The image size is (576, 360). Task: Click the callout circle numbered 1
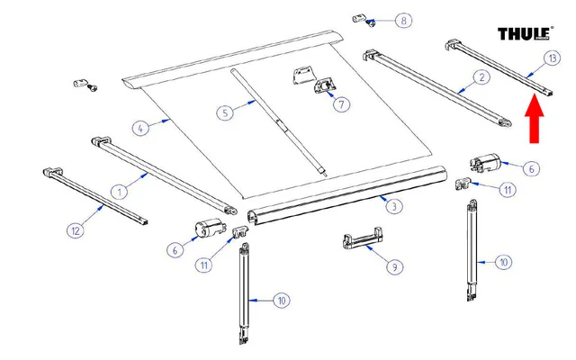click(117, 189)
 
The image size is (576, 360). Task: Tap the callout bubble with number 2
click(481, 78)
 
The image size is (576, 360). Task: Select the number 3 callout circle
click(393, 207)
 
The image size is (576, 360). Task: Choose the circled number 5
click(225, 113)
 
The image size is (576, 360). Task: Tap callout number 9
click(393, 266)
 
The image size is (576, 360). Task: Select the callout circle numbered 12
click(76, 231)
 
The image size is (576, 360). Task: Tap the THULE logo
click(524, 34)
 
